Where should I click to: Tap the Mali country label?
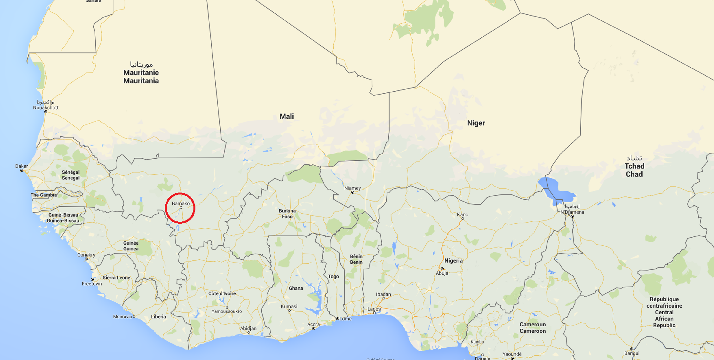(286, 116)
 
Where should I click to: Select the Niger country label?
(476, 123)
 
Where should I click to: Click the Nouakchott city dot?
(46, 112)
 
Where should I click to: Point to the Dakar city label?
(21, 166)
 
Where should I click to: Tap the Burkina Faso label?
(287, 214)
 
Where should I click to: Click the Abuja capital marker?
(442, 269)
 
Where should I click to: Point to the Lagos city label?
(374, 309)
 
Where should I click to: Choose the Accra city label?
(313, 324)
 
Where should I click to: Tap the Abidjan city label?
(248, 328)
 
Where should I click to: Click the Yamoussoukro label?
(227, 311)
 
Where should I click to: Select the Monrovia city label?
(122, 316)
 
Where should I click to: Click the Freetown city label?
(92, 284)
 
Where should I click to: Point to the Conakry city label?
(86, 255)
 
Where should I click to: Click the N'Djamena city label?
(572, 212)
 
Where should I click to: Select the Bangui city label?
(632, 353)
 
